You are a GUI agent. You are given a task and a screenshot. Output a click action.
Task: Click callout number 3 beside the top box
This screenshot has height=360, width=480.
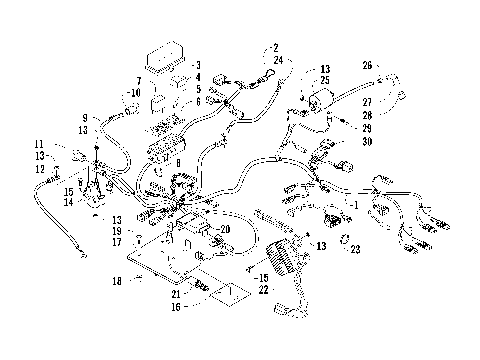[198, 65]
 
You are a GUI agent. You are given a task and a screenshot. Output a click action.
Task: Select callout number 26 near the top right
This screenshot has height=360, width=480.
[367, 66]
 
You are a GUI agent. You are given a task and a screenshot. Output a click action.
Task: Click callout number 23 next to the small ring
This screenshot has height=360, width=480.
[355, 249]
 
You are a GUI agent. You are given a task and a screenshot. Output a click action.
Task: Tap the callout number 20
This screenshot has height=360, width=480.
[225, 228]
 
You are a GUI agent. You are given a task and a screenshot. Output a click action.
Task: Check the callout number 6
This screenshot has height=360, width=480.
[198, 101]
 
